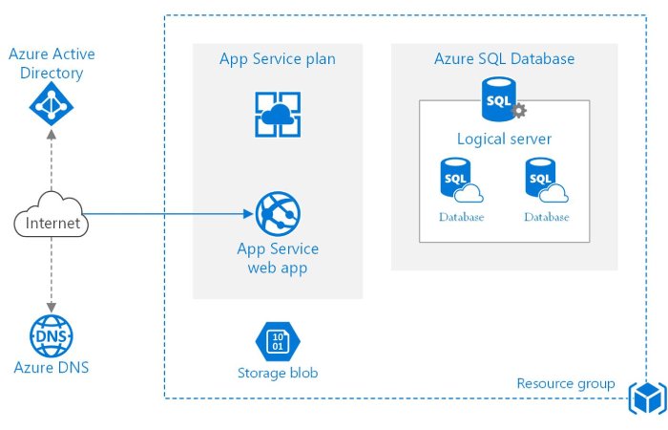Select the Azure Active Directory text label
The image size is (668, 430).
pos(52,63)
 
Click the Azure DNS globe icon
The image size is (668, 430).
pos(52,335)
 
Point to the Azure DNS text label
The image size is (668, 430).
pos(52,367)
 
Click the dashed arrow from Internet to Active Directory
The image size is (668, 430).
pos(52,162)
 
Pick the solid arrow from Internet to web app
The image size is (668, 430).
pos(172,213)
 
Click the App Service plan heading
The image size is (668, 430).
pos(278,59)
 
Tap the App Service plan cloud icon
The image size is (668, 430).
pos(278,115)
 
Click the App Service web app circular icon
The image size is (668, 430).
pos(278,213)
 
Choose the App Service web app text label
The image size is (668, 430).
pos(278,258)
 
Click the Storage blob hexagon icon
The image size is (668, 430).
pos(278,341)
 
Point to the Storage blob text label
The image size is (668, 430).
pos(278,373)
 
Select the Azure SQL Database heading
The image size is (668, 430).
pos(504,59)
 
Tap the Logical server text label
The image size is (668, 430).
pos(504,140)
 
